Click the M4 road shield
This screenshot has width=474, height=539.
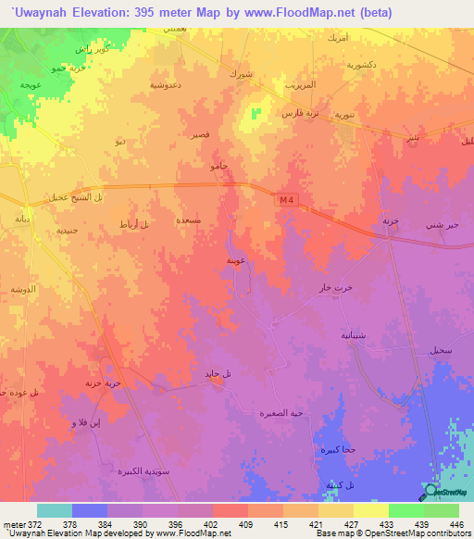(284, 200)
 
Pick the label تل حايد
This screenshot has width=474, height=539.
(218, 372)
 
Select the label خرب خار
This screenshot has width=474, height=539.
(336, 287)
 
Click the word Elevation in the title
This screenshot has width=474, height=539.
(92, 13)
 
